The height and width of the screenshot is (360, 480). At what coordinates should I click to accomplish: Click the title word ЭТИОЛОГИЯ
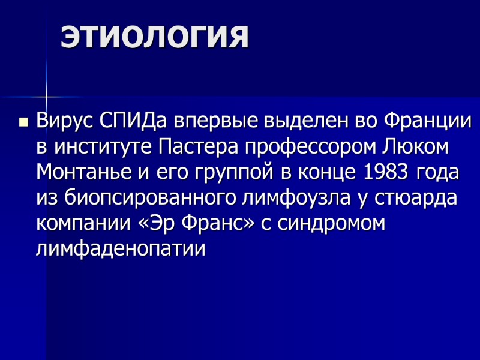pyautogui.click(x=154, y=37)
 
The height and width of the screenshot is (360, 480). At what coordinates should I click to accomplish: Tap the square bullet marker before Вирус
pyautogui.click(x=23, y=122)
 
